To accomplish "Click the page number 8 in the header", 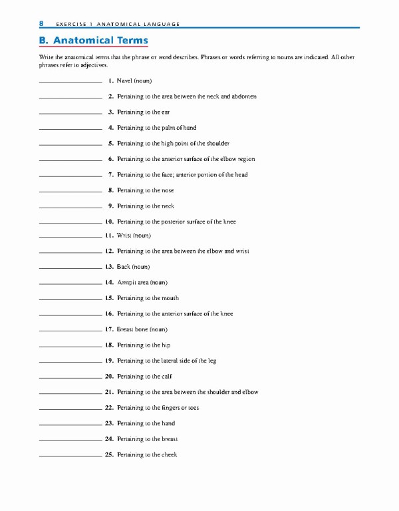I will click(41, 23).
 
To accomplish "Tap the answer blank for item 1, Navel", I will click(70, 81).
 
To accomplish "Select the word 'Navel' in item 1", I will click(124, 81).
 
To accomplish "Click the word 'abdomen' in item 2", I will click(243, 96).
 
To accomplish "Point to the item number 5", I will click(110, 144).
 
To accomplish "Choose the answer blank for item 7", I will click(70, 176).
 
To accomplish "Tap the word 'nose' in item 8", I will click(167, 191).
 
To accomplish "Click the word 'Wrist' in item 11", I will click(124, 236).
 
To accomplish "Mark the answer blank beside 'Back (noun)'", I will click(70, 267).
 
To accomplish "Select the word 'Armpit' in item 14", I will click(126, 283).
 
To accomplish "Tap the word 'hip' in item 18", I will click(166, 345).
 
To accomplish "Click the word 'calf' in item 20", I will click(166, 377).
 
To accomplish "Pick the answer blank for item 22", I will click(70, 409).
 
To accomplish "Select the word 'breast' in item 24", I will click(170, 439).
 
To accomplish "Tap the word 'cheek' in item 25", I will click(169, 455).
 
